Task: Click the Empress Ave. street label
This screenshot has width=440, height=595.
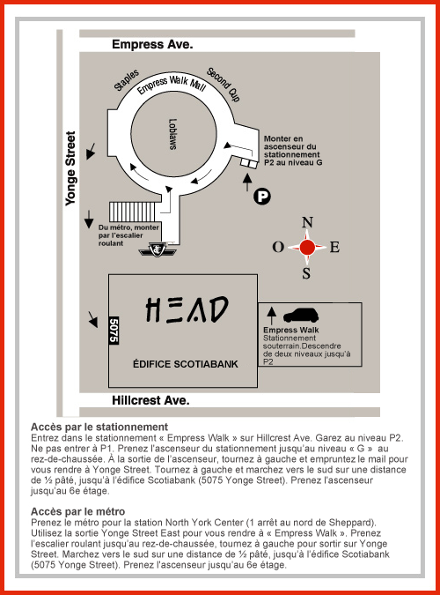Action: [152, 45]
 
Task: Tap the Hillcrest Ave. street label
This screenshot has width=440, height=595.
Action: [150, 400]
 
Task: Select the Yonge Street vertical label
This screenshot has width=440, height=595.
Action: [70, 168]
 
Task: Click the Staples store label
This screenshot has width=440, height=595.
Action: [127, 80]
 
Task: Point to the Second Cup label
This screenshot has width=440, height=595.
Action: [224, 85]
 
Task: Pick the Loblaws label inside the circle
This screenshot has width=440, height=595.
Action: [172, 134]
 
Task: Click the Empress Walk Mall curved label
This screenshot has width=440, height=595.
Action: [172, 85]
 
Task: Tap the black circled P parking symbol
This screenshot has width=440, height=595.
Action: [262, 197]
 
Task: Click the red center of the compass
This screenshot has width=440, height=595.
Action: [307, 248]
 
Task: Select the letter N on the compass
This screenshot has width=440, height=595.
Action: [307, 222]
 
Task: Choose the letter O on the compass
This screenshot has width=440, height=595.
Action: [278, 247]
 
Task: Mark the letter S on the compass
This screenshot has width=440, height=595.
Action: [306, 273]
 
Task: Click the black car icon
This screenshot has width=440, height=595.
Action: [301, 315]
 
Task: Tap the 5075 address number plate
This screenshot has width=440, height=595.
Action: [114, 331]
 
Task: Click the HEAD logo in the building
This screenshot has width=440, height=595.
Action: [187, 309]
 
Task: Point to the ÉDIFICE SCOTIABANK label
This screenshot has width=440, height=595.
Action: [186, 364]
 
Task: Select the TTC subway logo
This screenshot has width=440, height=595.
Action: [158, 249]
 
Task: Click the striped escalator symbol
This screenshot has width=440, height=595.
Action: [132, 212]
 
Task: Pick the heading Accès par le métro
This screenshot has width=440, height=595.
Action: [77, 511]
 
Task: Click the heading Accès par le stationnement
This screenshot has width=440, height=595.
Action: [99, 427]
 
